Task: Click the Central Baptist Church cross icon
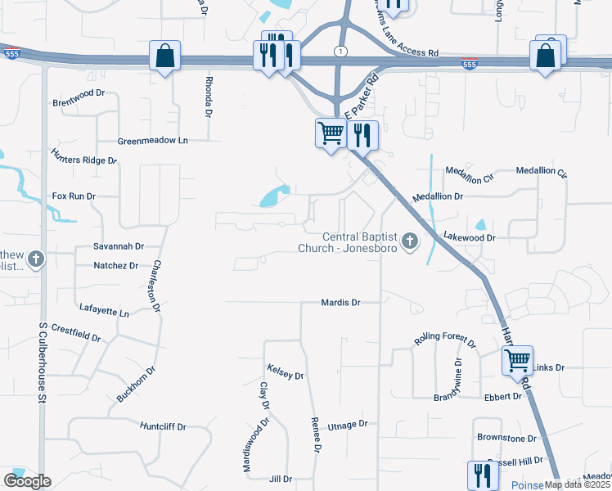click(x=410, y=241)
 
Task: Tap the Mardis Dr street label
click(x=341, y=303)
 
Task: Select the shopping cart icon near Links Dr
click(x=517, y=359)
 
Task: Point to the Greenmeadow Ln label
click(x=153, y=141)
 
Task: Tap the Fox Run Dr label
click(x=74, y=196)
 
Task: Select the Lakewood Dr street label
click(x=470, y=237)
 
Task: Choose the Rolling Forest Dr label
click(x=445, y=338)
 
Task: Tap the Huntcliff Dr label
click(x=164, y=426)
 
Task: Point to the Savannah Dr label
click(x=119, y=245)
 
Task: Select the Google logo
click(x=27, y=481)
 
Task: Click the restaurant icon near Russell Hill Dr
click(x=482, y=475)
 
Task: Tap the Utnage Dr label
click(x=348, y=426)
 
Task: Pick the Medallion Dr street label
click(x=438, y=197)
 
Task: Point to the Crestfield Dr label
click(x=75, y=334)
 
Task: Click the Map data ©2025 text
click(x=577, y=484)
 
